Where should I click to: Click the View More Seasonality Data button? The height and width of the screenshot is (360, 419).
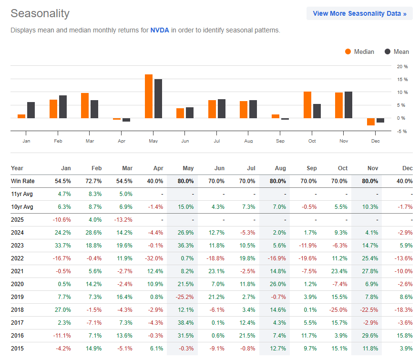(359, 13)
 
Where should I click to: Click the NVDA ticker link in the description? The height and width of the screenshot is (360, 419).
(160, 30)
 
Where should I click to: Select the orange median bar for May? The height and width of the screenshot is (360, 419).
(149, 96)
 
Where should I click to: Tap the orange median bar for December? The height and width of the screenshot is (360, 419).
(370, 122)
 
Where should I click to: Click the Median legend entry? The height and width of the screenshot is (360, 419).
(359, 51)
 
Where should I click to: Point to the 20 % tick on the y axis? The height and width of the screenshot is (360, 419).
(402, 66)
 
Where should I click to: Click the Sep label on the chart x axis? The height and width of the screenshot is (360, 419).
(280, 141)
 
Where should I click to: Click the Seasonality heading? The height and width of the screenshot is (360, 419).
(40, 13)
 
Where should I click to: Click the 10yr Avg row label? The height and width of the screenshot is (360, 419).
(22, 207)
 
